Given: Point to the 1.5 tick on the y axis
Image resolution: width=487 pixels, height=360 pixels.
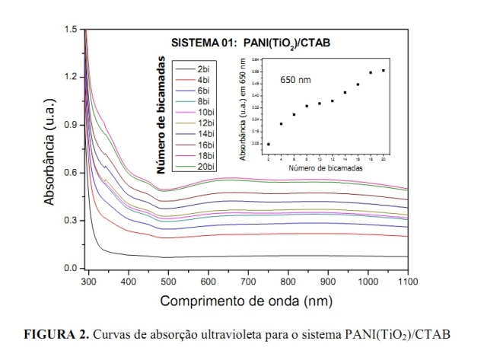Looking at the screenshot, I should pyautogui.click(x=71, y=29).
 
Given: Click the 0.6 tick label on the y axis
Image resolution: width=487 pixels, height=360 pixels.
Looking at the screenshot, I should pyautogui.click(x=71, y=173).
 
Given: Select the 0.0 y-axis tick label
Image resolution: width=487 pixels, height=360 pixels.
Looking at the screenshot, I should pyautogui.click(x=71, y=269).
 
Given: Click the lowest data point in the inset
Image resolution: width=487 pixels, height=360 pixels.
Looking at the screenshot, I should pyautogui.click(x=269, y=144).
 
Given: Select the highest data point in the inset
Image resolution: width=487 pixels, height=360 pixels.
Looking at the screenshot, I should pyautogui.click(x=383, y=70).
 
